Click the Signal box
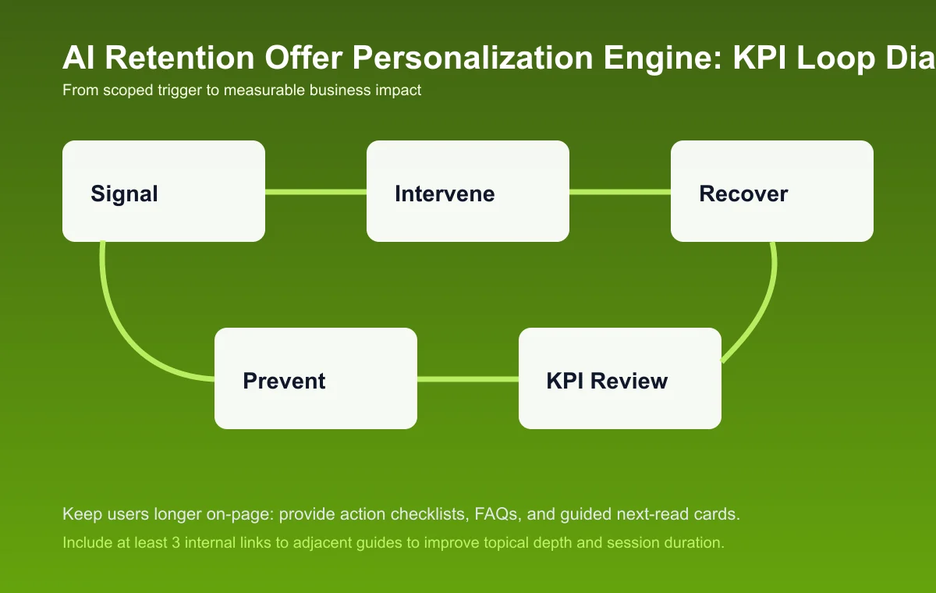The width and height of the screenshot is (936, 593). coord(164,191)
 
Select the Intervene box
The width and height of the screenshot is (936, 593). coord(468,191)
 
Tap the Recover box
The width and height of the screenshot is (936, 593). coord(772,191)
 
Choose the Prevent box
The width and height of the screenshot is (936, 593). coord(316,378)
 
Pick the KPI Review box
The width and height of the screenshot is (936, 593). coord(620,378)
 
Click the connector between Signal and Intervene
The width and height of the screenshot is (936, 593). coord(316,191)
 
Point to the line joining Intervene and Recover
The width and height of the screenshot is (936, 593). coord(620,191)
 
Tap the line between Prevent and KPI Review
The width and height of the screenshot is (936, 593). coord(468,379)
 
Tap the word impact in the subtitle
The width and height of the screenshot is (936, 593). coord(398,91)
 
